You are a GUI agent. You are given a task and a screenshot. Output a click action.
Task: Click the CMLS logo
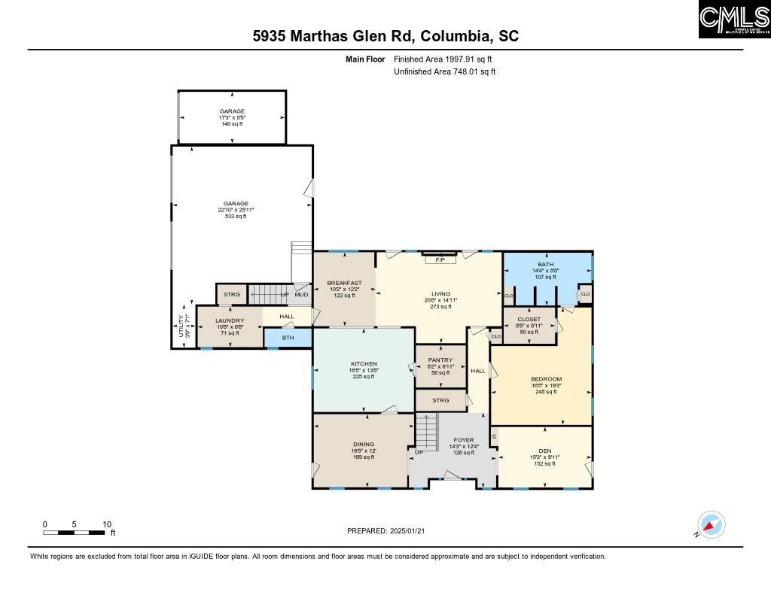point(734,20)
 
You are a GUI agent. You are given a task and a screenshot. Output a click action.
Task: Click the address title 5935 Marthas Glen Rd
point(385,36)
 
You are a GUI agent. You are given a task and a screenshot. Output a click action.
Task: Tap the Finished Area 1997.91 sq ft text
point(443,59)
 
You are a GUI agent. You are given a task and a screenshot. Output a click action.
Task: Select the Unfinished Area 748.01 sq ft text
point(444,72)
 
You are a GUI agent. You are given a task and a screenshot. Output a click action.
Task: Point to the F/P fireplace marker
point(440,260)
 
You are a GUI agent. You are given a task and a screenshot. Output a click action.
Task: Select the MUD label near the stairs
point(301,294)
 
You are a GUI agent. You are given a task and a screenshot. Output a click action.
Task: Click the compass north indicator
point(710,525)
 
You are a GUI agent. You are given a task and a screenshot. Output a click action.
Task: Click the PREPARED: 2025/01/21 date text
point(385,531)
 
